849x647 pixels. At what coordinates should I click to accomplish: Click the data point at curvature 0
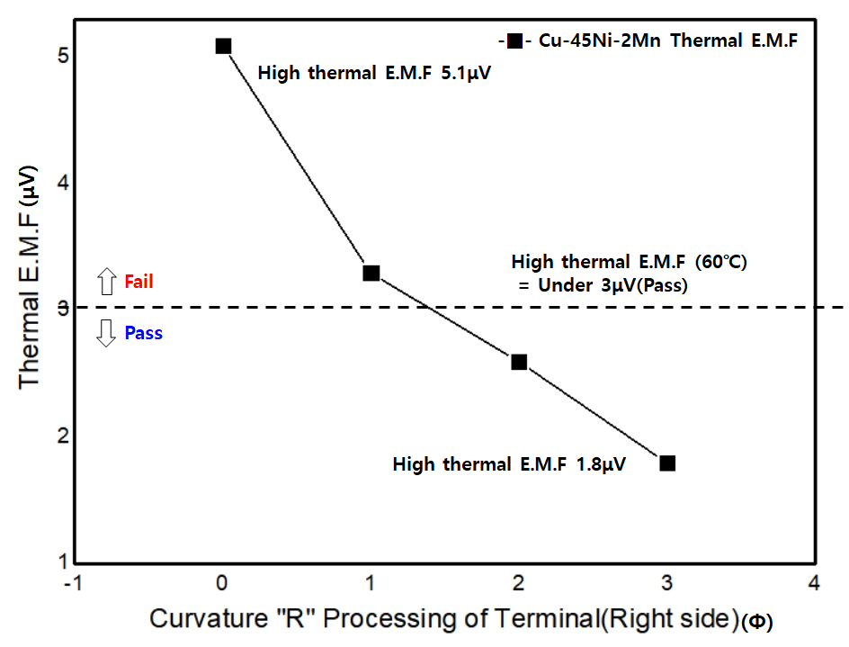point(223,46)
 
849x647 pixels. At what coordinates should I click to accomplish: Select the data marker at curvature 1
point(371,273)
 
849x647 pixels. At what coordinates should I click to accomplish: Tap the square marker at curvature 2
point(519,362)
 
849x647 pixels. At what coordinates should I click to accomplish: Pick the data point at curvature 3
point(667,463)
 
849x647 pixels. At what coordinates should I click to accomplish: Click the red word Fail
point(139,282)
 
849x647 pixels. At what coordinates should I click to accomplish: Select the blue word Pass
point(144,333)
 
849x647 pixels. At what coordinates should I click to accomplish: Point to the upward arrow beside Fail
point(107,282)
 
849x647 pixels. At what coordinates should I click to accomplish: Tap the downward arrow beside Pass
point(106,333)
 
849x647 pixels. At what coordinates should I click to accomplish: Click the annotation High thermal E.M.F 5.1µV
point(374,73)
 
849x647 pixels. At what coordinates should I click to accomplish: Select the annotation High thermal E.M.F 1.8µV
point(509,464)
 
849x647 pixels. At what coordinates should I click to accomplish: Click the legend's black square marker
point(515,40)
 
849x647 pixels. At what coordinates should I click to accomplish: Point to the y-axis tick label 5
point(63,55)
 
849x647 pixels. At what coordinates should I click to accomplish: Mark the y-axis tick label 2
point(63,436)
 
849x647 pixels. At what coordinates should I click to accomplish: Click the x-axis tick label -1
point(73,583)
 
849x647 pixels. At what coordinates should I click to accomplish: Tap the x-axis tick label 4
point(814,583)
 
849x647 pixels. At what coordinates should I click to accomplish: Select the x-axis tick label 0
point(221,583)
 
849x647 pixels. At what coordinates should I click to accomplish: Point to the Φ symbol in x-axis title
point(757,622)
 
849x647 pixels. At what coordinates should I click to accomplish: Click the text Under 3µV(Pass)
point(613,285)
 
